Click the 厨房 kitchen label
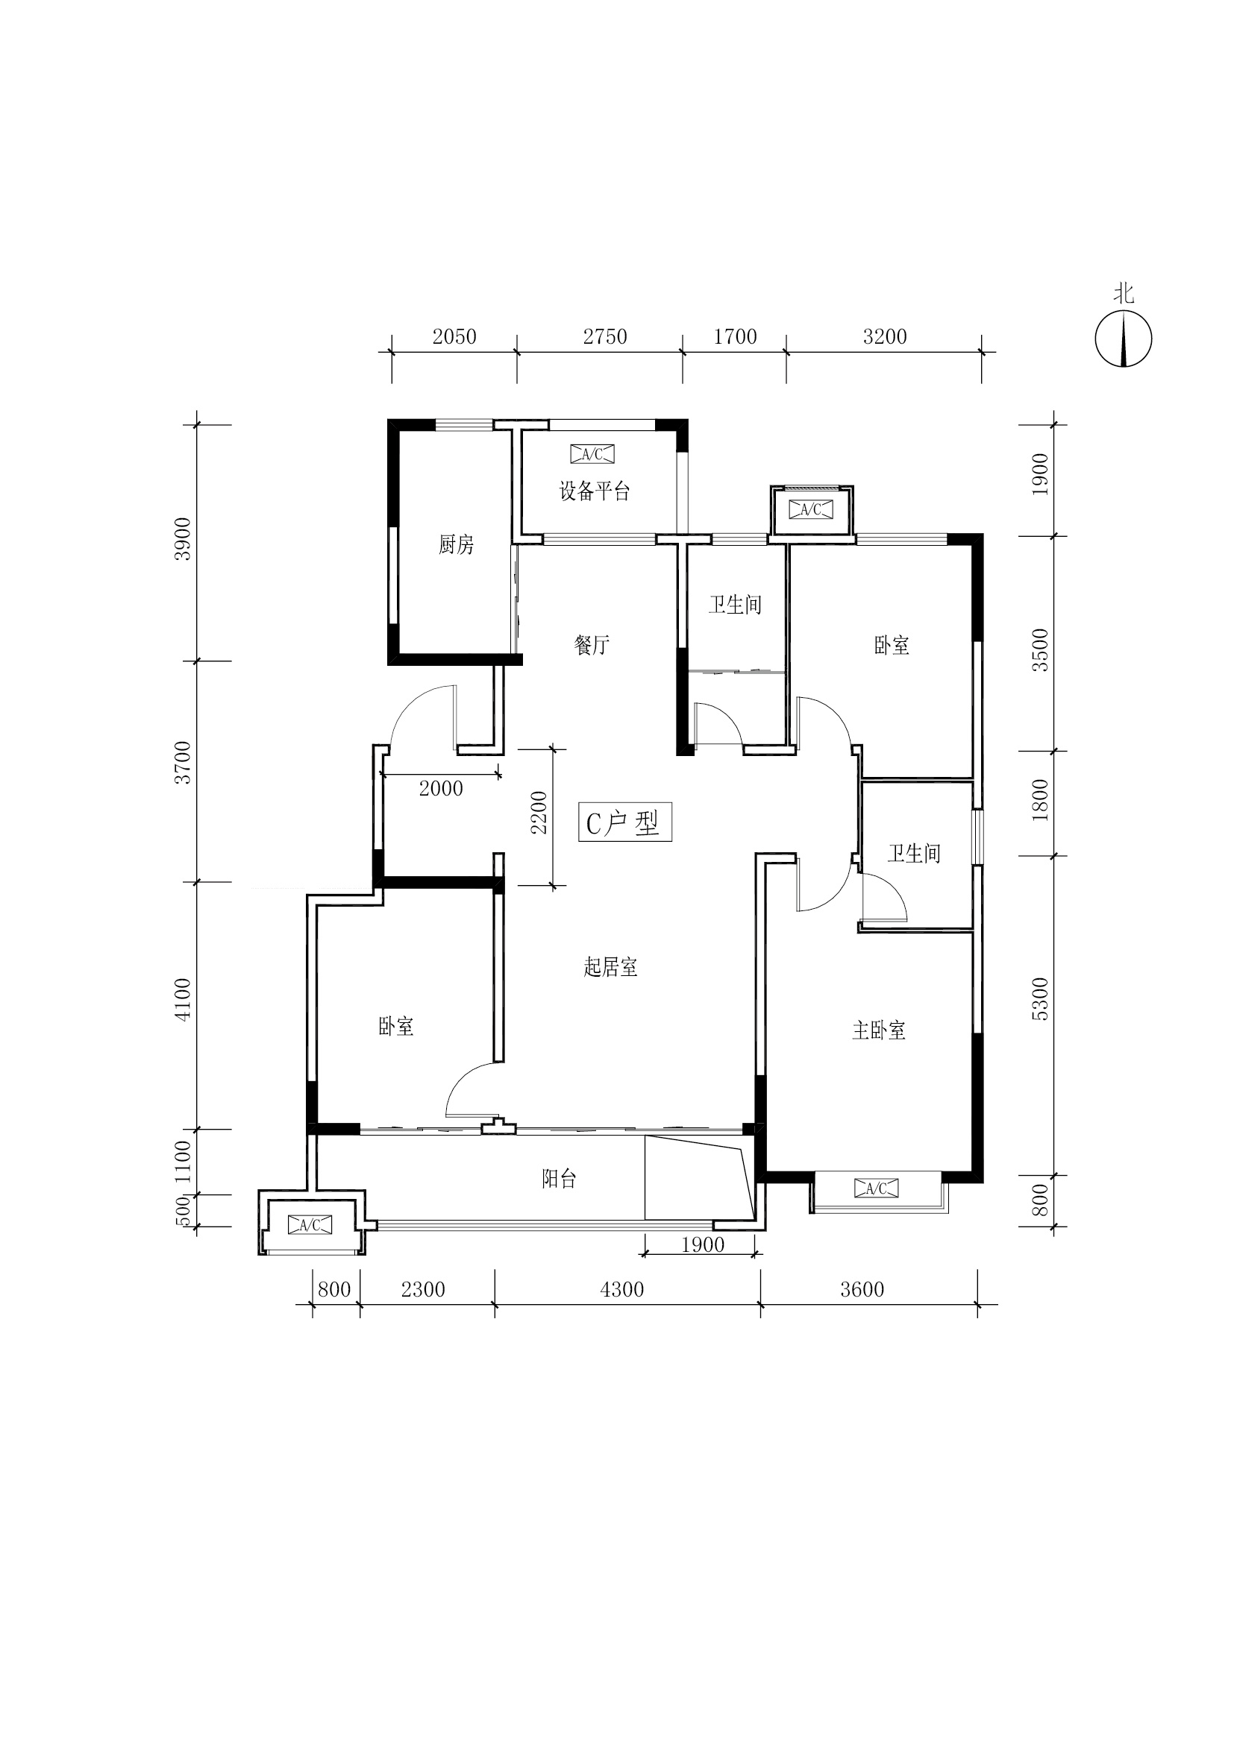(x=456, y=544)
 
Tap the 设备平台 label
(x=595, y=491)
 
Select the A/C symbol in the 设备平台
(x=592, y=454)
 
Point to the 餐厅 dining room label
(x=592, y=645)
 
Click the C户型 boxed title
(x=623, y=822)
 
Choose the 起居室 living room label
(x=610, y=967)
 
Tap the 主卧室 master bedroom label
(x=878, y=1030)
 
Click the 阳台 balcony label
(x=559, y=1179)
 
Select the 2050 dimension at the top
(x=454, y=336)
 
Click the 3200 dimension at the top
(x=886, y=336)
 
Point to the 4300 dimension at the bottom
(x=621, y=1290)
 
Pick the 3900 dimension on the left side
(x=182, y=538)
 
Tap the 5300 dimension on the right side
(x=1040, y=999)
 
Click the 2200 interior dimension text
(x=539, y=812)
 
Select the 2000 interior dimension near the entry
(x=441, y=788)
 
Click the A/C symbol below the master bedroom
(x=876, y=1188)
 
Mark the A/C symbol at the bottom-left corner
(x=310, y=1224)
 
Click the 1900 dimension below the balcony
(x=703, y=1245)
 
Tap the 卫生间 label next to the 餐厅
(x=735, y=605)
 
